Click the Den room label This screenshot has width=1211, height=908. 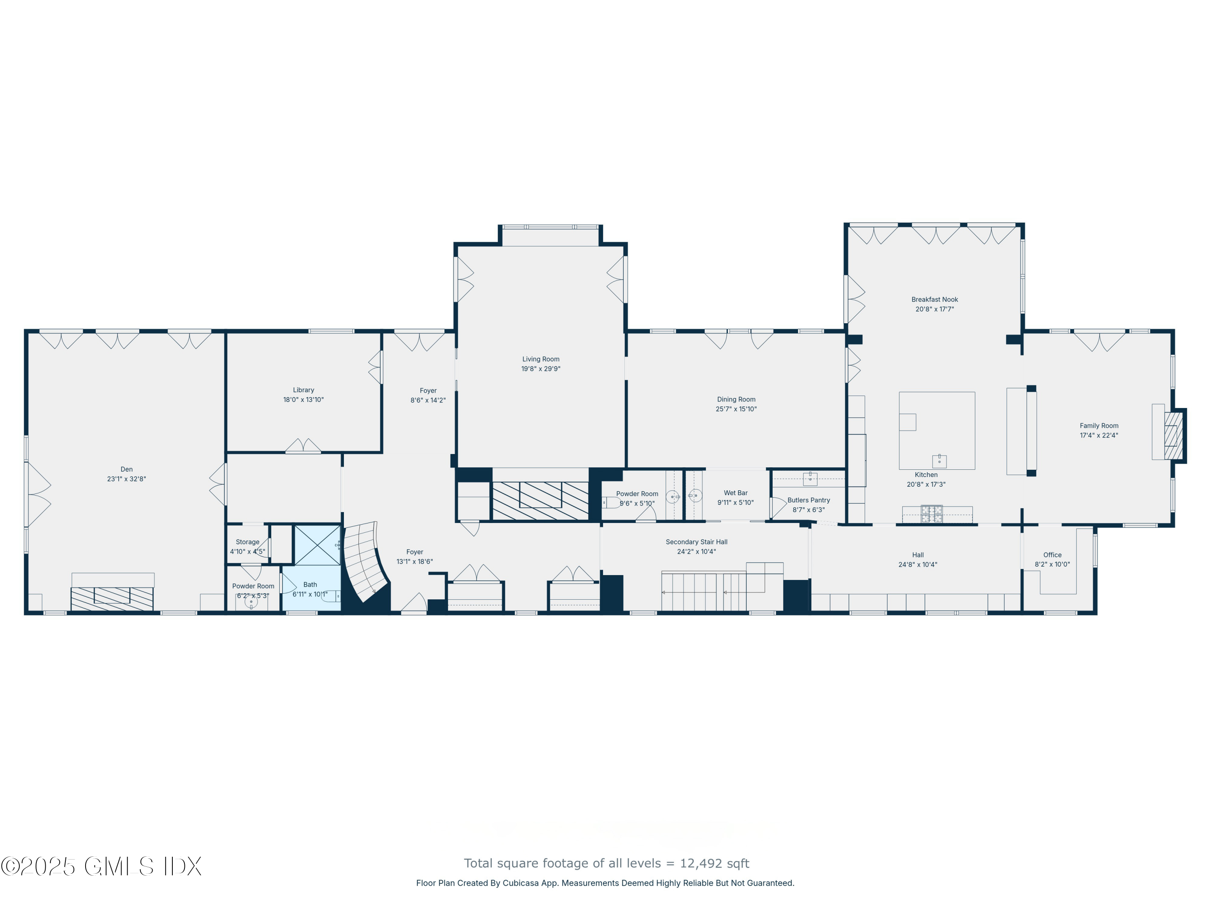point(126,469)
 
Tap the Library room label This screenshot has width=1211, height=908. point(303,390)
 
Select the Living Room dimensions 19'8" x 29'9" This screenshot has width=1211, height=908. point(541,369)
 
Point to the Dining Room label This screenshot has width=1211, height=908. point(736,400)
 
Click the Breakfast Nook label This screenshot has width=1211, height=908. point(934,299)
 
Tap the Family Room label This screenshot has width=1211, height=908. point(1099,426)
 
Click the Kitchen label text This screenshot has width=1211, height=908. point(926,475)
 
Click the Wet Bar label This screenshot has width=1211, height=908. point(735,493)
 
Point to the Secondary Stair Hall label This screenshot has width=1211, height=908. point(696,542)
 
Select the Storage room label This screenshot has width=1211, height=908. point(247,542)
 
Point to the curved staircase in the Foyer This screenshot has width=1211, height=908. point(364,561)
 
